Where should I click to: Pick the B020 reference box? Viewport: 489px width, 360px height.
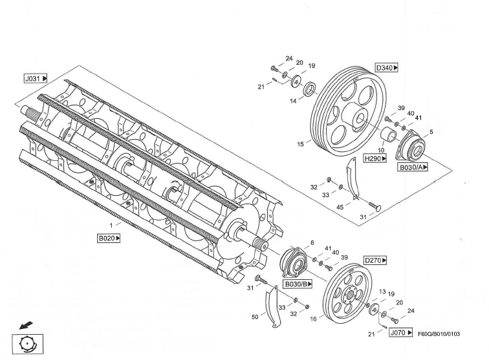click(109, 238)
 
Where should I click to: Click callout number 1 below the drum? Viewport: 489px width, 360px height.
click(111, 225)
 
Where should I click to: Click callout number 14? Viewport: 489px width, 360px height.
click(293, 101)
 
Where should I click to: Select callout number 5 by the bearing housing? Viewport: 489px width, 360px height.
click(431, 132)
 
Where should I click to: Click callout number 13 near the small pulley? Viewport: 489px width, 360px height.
click(382, 292)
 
